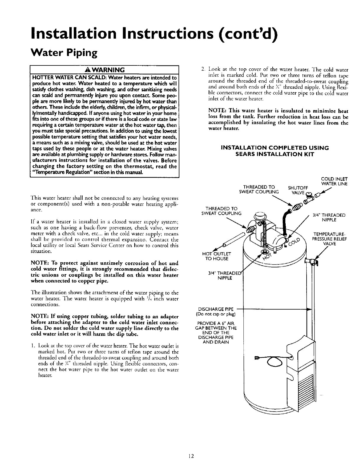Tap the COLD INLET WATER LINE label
click(x=334, y=181)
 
